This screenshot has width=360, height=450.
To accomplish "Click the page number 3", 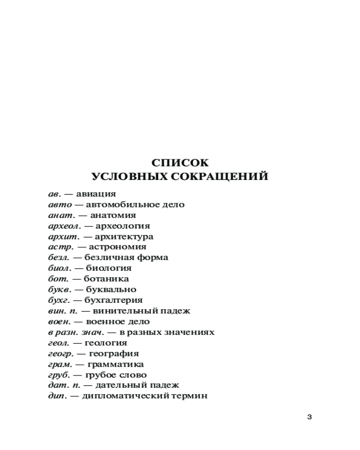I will click(309, 417).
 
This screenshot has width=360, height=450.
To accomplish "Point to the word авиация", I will click(96, 194).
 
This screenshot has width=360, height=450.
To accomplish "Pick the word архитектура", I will click(124, 237).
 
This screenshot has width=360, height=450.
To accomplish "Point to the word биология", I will click(108, 268).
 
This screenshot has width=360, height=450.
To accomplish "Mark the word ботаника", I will click(107, 279).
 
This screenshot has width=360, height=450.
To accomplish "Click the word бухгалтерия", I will click(113, 300).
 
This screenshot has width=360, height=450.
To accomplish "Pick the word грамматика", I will click(116, 364).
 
